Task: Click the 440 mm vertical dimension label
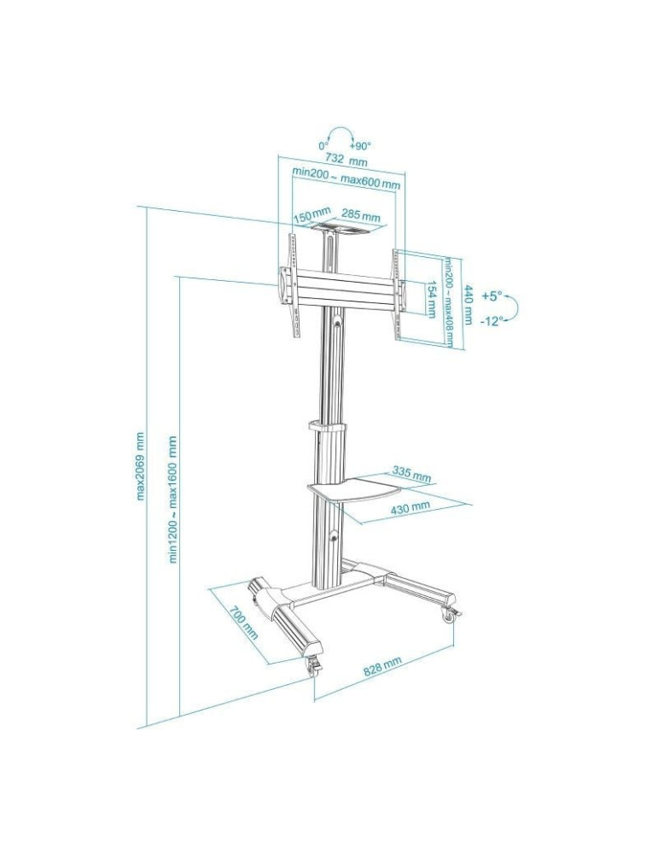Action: point(468,303)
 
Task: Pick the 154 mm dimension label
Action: point(432,299)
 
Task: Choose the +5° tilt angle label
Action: point(491,296)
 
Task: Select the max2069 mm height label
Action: point(141,465)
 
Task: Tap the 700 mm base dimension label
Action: point(243,623)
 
